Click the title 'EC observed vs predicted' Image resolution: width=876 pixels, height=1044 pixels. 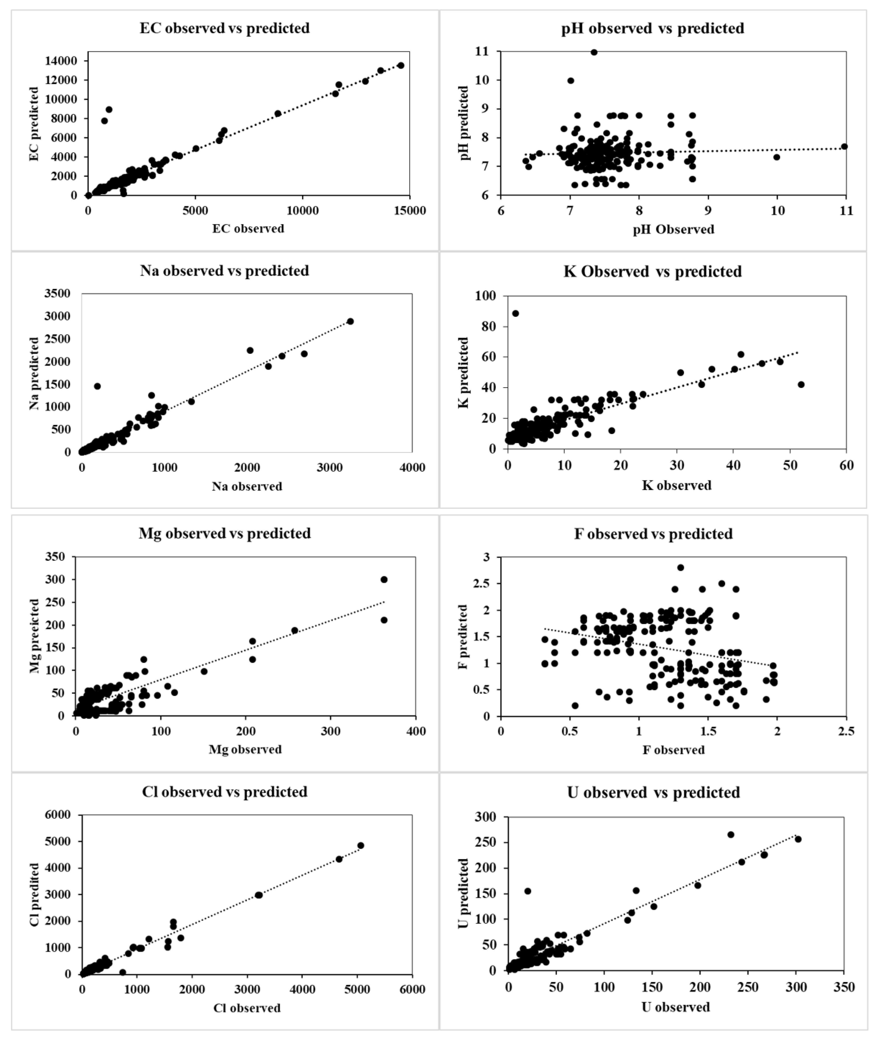[x=225, y=28]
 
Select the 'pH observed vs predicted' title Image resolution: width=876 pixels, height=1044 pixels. [x=652, y=28]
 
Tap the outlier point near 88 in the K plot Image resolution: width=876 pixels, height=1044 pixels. [x=515, y=313]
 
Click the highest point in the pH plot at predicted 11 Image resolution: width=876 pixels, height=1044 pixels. [x=594, y=52]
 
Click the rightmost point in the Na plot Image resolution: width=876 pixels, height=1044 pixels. [x=350, y=321]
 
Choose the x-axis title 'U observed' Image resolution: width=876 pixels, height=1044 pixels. [x=676, y=1007]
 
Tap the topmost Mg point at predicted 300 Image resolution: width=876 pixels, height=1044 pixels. [x=384, y=579]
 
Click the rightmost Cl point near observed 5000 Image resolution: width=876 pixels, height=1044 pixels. [x=361, y=845]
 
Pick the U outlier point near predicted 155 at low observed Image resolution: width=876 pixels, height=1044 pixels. [x=528, y=891]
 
